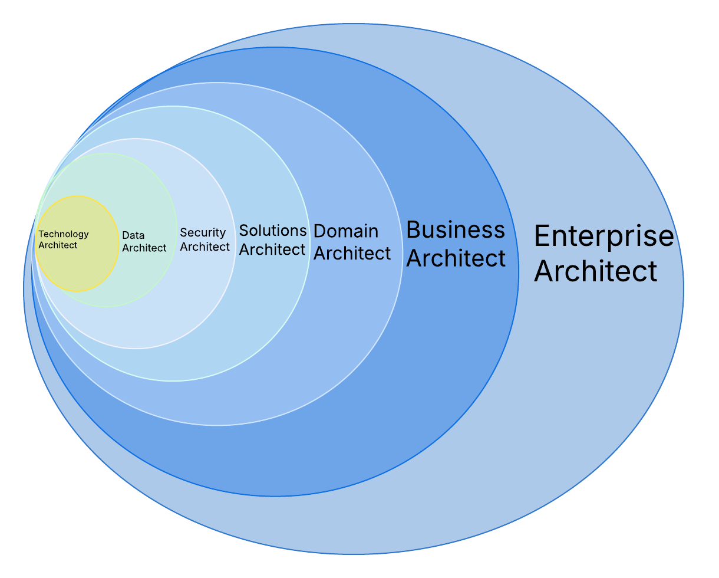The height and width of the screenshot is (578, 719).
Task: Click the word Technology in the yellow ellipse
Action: pos(64,234)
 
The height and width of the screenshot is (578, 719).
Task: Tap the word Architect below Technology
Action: pos(58,245)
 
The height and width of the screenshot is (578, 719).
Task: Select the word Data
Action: pos(133,235)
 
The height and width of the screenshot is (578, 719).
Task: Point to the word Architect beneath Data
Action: pos(144,248)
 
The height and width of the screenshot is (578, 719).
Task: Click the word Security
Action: pos(203,233)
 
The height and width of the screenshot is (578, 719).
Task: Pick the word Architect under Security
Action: pos(205,247)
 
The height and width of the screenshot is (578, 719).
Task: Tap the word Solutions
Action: pos(273,230)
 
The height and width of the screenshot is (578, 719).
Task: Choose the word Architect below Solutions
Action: pos(272,249)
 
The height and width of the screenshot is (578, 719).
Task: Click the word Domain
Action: pos(345,231)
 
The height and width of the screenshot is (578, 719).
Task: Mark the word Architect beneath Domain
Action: pos(352,253)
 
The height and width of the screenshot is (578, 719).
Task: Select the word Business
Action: pos(456,229)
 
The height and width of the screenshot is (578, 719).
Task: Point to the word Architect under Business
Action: pos(456,258)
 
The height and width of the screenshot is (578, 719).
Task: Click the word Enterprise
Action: pos(603,236)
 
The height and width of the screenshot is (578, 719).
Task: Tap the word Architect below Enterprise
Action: pos(595,271)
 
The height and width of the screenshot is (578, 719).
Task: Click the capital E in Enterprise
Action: pos(542,237)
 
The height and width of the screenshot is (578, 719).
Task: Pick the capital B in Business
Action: pos(414,229)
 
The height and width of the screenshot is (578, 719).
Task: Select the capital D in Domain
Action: pos(320,231)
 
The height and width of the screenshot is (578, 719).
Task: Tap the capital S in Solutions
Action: pos(244,230)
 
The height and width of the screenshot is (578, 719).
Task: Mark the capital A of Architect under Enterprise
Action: pos(544,271)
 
